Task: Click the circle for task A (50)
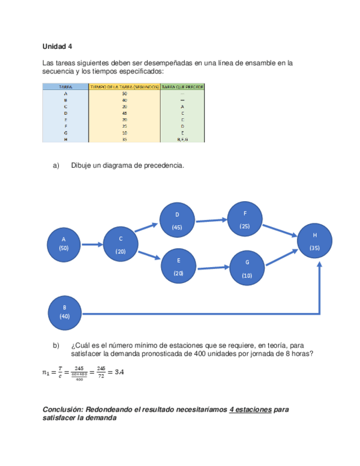tap(64, 243)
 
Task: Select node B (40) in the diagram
tap(64, 312)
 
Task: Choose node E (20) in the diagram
tap(178, 267)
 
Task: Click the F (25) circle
tap(245, 219)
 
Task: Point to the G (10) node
tap(247, 269)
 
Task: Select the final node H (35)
tap(315, 241)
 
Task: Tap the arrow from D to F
tap(211, 221)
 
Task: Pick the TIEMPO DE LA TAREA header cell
tap(124, 86)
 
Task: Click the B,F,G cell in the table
tap(182, 139)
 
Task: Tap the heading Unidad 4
tap(57, 46)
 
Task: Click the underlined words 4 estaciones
tap(251, 410)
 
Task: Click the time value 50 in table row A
tap(124, 93)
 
